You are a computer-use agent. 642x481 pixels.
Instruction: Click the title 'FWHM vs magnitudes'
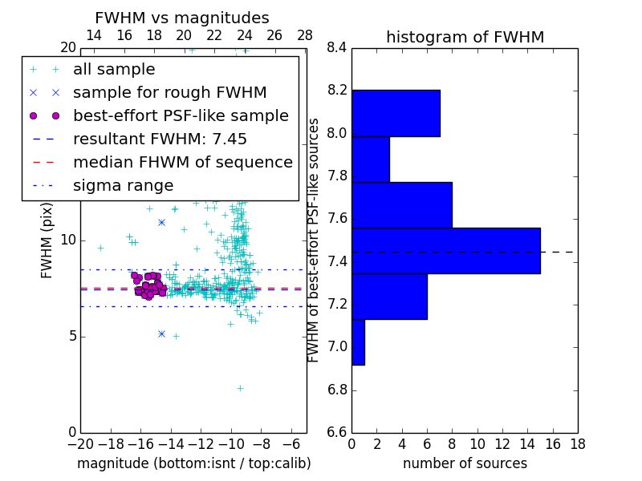tap(182, 18)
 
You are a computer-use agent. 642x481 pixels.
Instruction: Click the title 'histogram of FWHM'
tap(465, 37)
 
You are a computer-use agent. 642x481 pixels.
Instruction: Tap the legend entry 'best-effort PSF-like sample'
tap(181, 115)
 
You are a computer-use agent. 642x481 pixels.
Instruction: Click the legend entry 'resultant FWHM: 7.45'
tap(160, 139)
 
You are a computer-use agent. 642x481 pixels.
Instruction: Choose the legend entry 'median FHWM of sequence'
tap(182, 162)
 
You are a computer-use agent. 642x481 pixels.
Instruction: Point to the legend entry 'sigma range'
tap(123, 185)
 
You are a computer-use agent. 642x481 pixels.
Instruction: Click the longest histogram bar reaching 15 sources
tap(445, 251)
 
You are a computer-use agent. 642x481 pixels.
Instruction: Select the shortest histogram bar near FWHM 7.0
tap(358, 342)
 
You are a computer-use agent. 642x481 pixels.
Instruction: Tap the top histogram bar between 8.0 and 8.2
tap(396, 113)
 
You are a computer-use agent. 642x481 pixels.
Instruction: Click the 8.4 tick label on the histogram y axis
tap(336, 47)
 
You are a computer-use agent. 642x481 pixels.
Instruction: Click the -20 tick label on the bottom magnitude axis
tap(79, 444)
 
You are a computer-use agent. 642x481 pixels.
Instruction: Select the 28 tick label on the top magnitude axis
tap(305, 35)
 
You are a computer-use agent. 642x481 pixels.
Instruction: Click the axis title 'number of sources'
tap(465, 463)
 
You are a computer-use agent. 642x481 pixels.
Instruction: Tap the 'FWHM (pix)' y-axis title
tap(47, 240)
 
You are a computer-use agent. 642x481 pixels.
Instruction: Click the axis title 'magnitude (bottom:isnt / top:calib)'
tap(193, 463)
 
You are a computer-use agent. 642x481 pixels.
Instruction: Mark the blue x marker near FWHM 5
tap(161, 333)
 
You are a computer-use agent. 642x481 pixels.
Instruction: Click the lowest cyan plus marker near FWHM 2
tap(240, 388)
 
